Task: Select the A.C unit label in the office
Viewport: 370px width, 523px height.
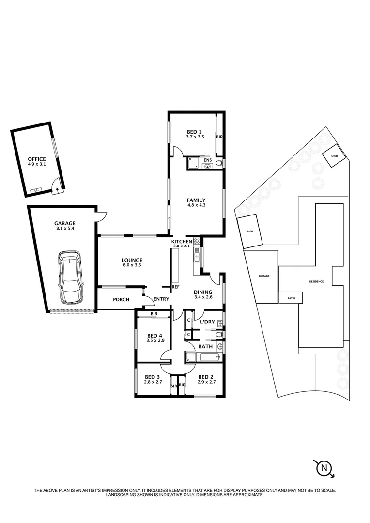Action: (x=36, y=190)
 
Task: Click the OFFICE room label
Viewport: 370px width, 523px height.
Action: (x=36, y=159)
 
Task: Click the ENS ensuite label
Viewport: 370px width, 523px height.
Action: (x=207, y=160)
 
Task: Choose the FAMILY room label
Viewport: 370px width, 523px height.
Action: (x=196, y=200)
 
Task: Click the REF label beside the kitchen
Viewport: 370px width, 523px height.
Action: (x=175, y=287)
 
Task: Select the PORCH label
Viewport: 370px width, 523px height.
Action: (x=121, y=300)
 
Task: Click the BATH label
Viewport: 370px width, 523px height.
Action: (x=205, y=347)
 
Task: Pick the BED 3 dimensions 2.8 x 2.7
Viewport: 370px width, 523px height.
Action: (x=152, y=382)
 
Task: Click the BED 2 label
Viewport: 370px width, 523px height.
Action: (x=206, y=377)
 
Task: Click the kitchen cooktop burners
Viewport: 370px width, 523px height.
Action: (x=197, y=241)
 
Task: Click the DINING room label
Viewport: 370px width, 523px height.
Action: (x=203, y=292)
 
